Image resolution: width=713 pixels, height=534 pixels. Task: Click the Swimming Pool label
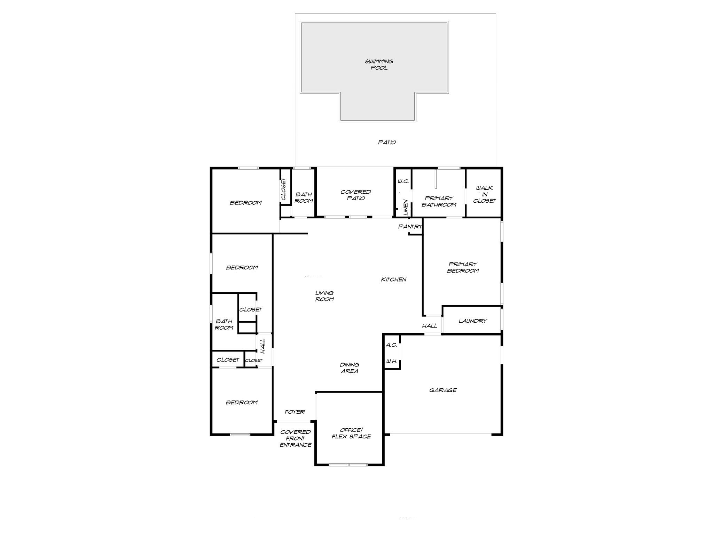click(x=379, y=65)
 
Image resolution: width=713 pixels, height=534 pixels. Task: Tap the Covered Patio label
click(x=355, y=195)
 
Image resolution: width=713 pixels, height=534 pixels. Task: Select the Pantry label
click(x=410, y=227)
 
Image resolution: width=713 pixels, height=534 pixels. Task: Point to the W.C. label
click(x=403, y=181)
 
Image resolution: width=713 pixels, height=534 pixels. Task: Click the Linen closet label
click(x=405, y=207)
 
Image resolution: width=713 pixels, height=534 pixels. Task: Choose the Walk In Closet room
click(x=484, y=194)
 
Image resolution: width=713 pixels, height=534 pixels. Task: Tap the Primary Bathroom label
click(x=439, y=201)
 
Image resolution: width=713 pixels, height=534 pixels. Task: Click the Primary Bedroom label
click(x=463, y=267)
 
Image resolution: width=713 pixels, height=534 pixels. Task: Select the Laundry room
click(x=472, y=321)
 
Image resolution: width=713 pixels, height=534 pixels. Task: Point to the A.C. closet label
click(x=391, y=345)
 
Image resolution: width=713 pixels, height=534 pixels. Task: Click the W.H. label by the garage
click(x=391, y=362)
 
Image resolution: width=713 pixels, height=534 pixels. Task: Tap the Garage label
click(x=442, y=390)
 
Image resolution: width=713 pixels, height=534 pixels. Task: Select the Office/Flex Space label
click(x=351, y=433)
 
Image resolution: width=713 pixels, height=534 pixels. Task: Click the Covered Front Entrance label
click(x=295, y=438)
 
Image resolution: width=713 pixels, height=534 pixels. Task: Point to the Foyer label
click(x=295, y=412)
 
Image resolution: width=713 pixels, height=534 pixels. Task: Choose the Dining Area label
click(x=349, y=368)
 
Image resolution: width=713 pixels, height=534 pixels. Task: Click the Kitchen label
click(x=393, y=280)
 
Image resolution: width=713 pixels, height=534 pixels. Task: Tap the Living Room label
click(x=324, y=296)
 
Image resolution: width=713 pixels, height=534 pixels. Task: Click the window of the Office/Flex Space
click(x=348, y=464)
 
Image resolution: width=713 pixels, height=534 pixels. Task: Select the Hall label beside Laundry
click(x=430, y=326)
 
